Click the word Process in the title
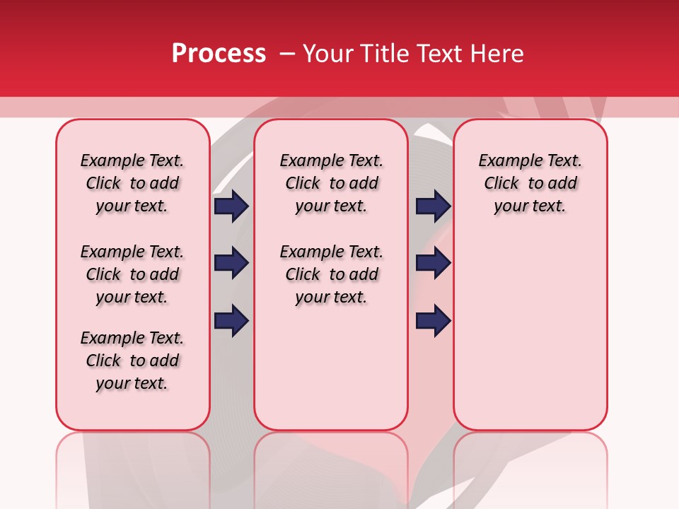[x=219, y=54]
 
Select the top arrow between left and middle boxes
[x=231, y=206]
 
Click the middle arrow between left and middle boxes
[x=231, y=263]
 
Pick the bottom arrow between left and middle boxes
[x=231, y=321]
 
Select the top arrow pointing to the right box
[x=433, y=206]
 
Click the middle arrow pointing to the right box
[x=433, y=263]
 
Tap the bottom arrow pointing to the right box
[x=433, y=321]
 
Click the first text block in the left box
[x=132, y=183]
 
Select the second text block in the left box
[x=132, y=274]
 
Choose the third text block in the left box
[x=132, y=361]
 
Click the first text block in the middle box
[x=331, y=183]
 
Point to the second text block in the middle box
[x=331, y=274]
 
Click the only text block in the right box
[x=530, y=183]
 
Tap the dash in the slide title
[x=287, y=54]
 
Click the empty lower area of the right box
[x=530, y=339]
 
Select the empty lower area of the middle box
[x=331, y=368]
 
